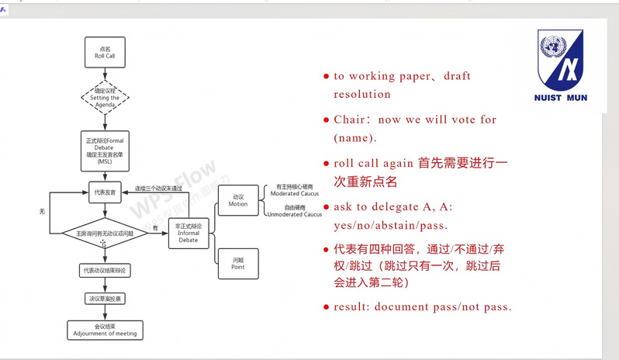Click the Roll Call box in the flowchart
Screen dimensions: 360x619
(104, 53)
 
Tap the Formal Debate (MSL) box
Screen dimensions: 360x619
(104, 147)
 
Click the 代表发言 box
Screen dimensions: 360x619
(104, 192)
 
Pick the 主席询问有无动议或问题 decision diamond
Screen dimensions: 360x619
(104, 233)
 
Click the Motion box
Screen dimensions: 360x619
(238, 199)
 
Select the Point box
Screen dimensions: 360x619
(238, 263)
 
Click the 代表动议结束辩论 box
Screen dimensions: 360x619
(104, 270)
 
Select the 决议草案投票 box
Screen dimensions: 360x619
(104, 298)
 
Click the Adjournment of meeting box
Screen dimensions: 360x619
(104, 330)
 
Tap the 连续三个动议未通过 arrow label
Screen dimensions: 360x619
(159, 188)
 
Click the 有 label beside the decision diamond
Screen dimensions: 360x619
(155, 227)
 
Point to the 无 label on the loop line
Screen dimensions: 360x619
(42, 210)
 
